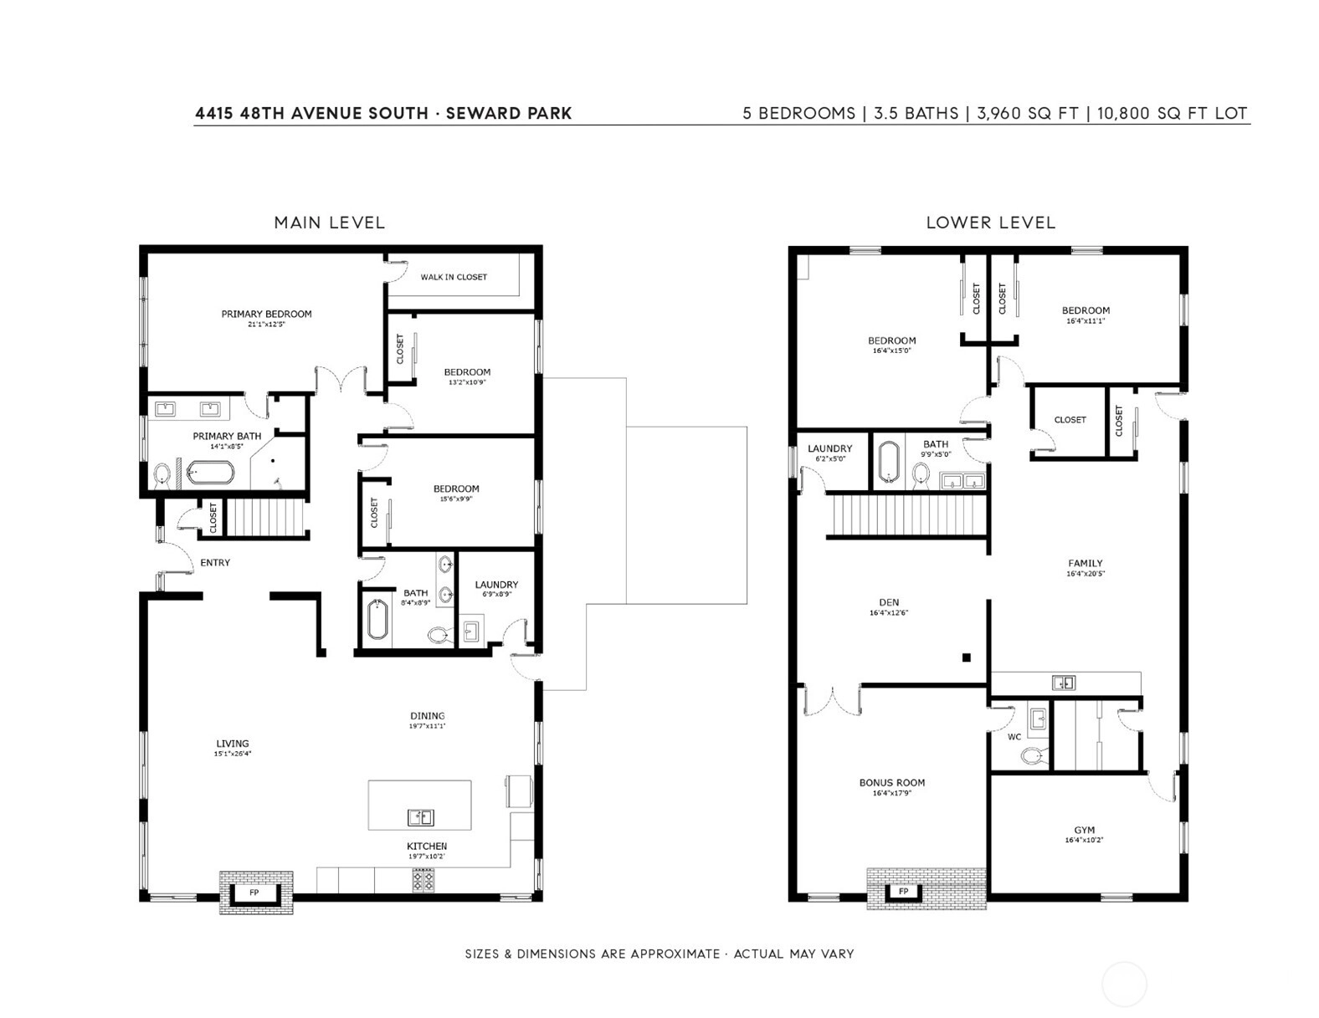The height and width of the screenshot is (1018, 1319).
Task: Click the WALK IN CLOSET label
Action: pyautogui.click(x=454, y=277)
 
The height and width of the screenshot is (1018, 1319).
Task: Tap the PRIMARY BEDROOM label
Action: pyautogui.click(x=266, y=314)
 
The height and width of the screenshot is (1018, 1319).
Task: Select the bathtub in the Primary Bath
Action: pyautogui.click(x=209, y=473)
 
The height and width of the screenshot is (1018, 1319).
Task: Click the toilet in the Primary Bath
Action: pyautogui.click(x=162, y=476)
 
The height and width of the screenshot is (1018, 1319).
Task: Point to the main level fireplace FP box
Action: pyautogui.click(x=254, y=893)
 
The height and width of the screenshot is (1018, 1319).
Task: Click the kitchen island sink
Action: pyautogui.click(x=420, y=818)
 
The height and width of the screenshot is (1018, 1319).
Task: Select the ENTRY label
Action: pyautogui.click(x=215, y=562)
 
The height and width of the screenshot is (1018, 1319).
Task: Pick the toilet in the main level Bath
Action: pyautogui.click(x=439, y=635)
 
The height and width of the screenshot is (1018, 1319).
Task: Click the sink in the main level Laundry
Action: pyautogui.click(x=471, y=631)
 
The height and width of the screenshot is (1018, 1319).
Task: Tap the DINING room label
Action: pyautogui.click(x=428, y=716)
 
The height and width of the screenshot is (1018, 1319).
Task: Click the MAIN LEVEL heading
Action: pyautogui.click(x=330, y=223)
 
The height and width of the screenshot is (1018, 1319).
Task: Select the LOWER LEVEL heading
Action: pyautogui.click(x=991, y=223)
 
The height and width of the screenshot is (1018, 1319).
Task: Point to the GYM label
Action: pyautogui.click(x=1084, y=830)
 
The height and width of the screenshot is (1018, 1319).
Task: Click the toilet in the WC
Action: pyautogui.click(x=1034, y=756)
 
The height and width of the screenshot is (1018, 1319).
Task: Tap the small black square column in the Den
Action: pyautogui.click(x=967, y=657)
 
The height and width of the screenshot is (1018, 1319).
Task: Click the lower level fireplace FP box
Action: pyautogui.click(x=904, y=891)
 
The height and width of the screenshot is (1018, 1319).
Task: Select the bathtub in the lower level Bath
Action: pyautogui.click(x=890, y=462)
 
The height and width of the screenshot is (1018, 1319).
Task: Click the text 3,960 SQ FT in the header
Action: pyautogui.click(x=1028, y=114)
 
